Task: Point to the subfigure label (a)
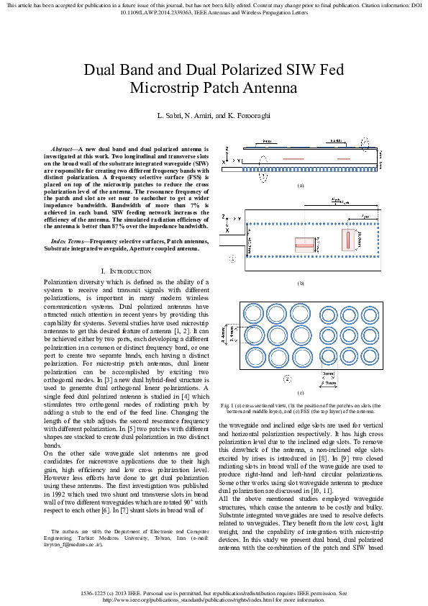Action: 301,186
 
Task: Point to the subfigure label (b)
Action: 301,283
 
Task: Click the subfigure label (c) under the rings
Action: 301,392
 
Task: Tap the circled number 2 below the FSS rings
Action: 287,378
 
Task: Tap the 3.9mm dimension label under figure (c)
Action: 329,384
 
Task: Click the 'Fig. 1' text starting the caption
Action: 227,406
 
